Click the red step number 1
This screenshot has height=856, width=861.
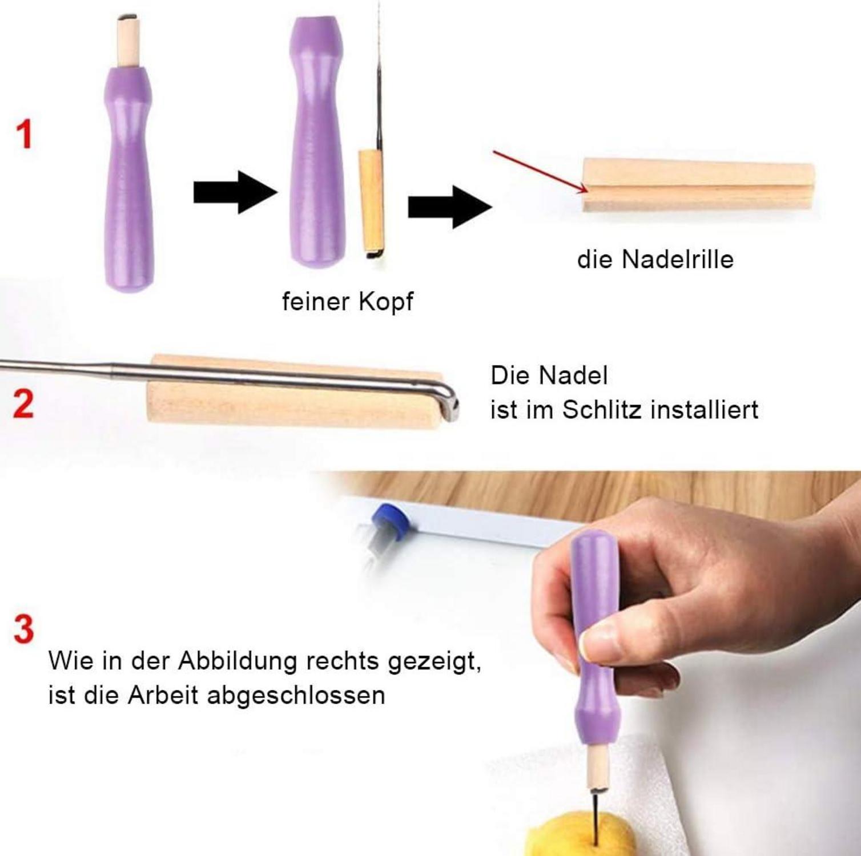point(23,135)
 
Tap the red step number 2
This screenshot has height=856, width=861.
point(23,404)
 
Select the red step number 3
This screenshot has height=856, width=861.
point(23,629)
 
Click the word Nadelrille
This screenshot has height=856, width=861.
point(677,260)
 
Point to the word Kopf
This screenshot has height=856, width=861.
point(386,302)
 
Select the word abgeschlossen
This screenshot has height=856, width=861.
point(296,696)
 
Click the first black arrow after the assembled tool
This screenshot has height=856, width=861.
point(235,192)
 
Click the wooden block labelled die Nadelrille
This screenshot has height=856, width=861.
point(698,185)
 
